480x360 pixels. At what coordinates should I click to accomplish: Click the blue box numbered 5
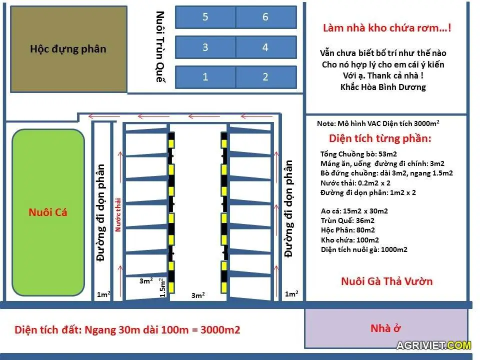coord(205,17)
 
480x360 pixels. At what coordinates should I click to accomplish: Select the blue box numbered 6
coord(265,17)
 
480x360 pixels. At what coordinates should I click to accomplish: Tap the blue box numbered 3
coord(205,47)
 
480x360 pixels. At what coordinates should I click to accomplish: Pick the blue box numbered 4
coord(265,47)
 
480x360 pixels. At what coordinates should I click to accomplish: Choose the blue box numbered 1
coord(205,77)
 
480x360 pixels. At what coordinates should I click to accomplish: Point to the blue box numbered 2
coord(265,77)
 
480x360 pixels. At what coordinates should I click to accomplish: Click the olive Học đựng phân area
coord(68,48)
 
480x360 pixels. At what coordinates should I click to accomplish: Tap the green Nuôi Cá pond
coord(48,212)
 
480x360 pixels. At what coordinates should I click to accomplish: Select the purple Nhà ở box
coord(386,328)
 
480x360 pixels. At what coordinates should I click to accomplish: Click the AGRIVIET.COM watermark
coord(433,345)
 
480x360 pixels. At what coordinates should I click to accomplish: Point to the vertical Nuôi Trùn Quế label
coord(160,47)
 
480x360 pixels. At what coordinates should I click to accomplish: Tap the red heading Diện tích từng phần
coord(380,138)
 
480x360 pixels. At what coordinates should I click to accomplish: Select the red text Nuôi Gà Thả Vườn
coord(386,281)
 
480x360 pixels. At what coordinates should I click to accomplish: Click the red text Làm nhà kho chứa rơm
coord(386,28)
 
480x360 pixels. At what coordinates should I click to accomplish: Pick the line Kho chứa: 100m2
coord(350,240)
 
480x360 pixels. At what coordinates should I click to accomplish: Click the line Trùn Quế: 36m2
coord(347,220)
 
